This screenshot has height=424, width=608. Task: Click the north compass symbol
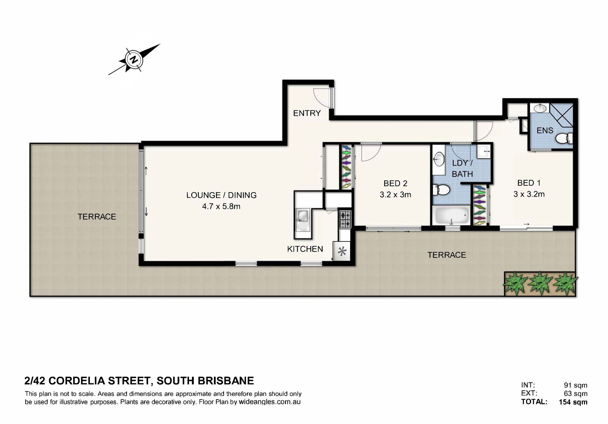(135, 59)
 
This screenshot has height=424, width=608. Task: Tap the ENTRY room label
(307, 113)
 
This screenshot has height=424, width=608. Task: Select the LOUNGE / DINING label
(221, 195)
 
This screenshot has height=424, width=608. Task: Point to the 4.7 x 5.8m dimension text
(221, 206)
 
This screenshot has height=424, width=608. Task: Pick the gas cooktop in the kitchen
(345, 219)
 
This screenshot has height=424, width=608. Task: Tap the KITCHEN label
(305, 249)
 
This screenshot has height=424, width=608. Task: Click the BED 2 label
(395, 183)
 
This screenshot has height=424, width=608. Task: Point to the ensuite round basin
(540, 108)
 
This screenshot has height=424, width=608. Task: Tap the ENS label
(545, 130)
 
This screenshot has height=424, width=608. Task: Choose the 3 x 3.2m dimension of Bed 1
(529, 194)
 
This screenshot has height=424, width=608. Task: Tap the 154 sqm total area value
(573, 402)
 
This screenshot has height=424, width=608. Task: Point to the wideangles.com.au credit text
(269, 402)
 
